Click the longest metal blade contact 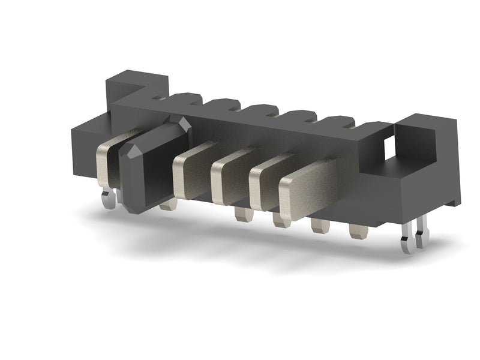(312, 183)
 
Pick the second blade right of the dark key (231, 177)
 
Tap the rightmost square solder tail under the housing (358, 231)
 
